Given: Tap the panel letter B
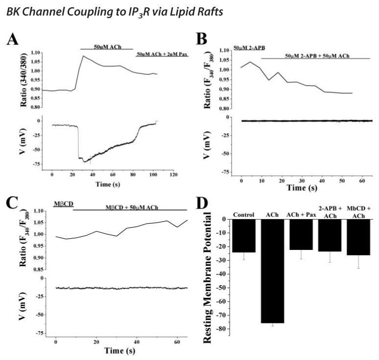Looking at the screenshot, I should click(202, 36).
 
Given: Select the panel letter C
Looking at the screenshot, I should click(12, 202).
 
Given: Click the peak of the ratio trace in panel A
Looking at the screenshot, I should click(83, 56).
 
